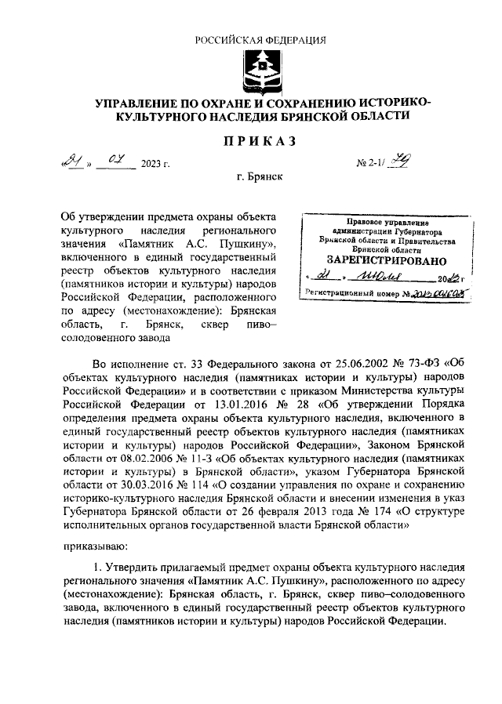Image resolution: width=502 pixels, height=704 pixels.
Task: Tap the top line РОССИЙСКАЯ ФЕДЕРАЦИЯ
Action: click(260, 40)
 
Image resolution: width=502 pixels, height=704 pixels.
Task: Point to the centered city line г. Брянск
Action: click(260, 178)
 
